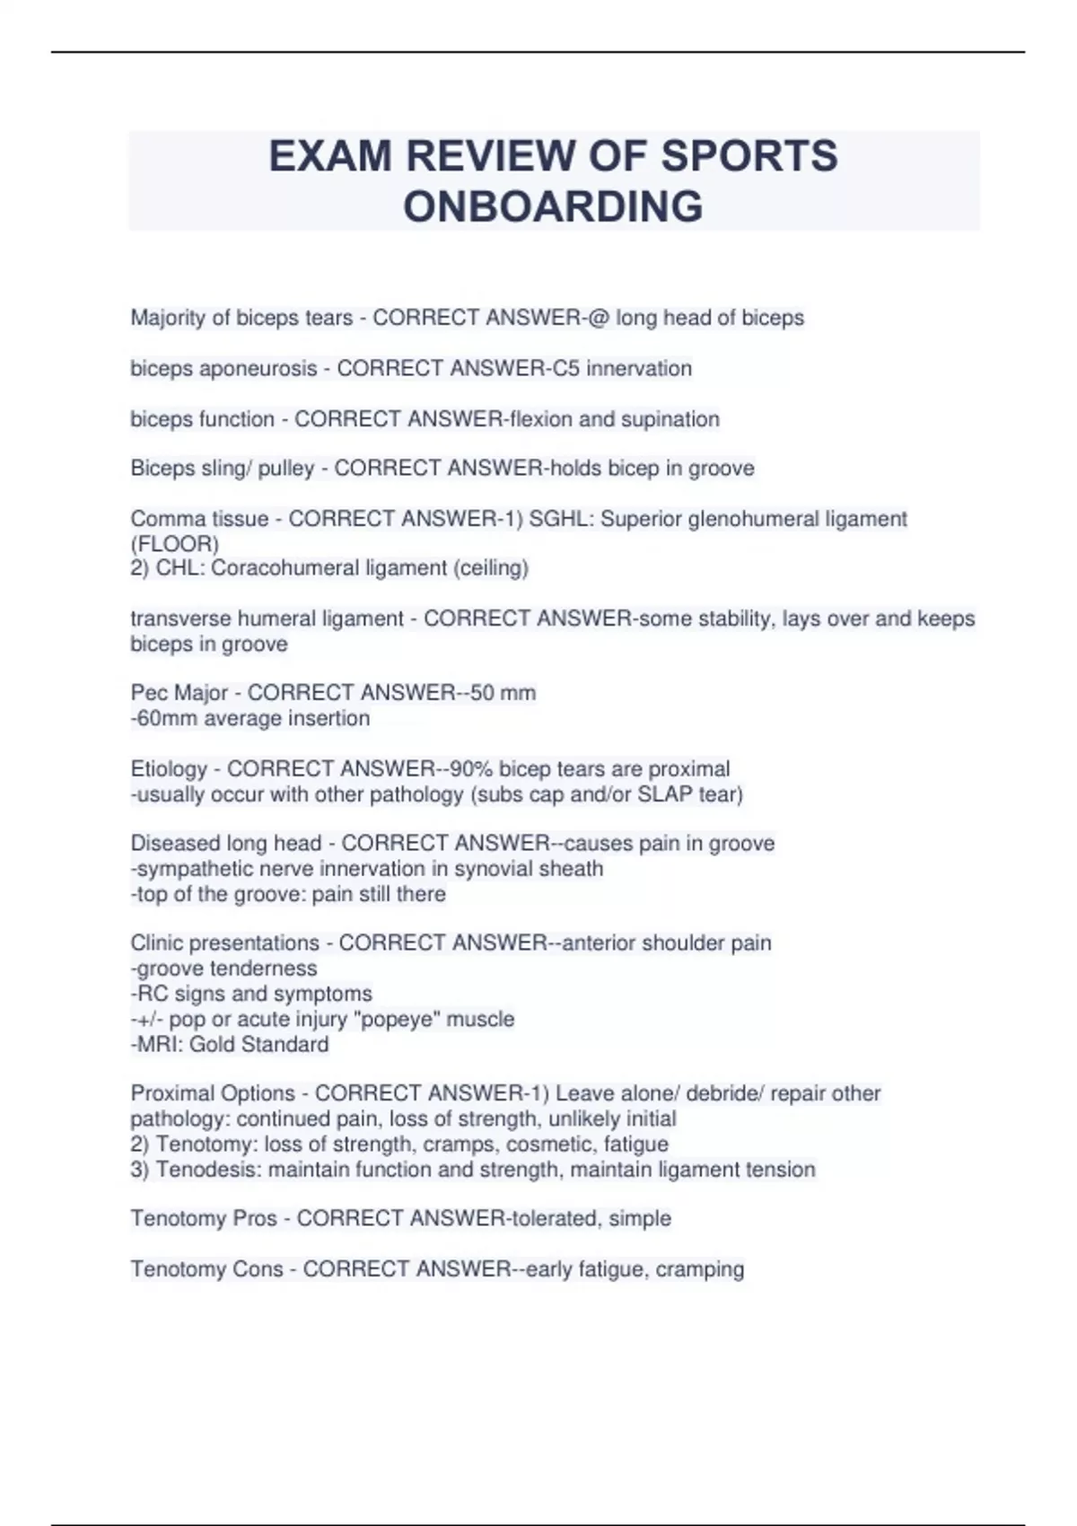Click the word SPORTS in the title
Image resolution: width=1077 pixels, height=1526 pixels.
(x=749, y=156)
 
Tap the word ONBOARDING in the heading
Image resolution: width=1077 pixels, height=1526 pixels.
(x=553, y=206)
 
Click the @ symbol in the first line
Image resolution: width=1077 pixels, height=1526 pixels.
(x=599, y=318)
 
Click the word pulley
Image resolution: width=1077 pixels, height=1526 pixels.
(x=286, y=469)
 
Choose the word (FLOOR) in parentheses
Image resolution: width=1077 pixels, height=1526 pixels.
(x=175, y=544)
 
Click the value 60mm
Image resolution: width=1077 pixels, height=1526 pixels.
(x=167, y=718)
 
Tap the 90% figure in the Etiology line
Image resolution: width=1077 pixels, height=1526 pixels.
(x=471, y=769)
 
